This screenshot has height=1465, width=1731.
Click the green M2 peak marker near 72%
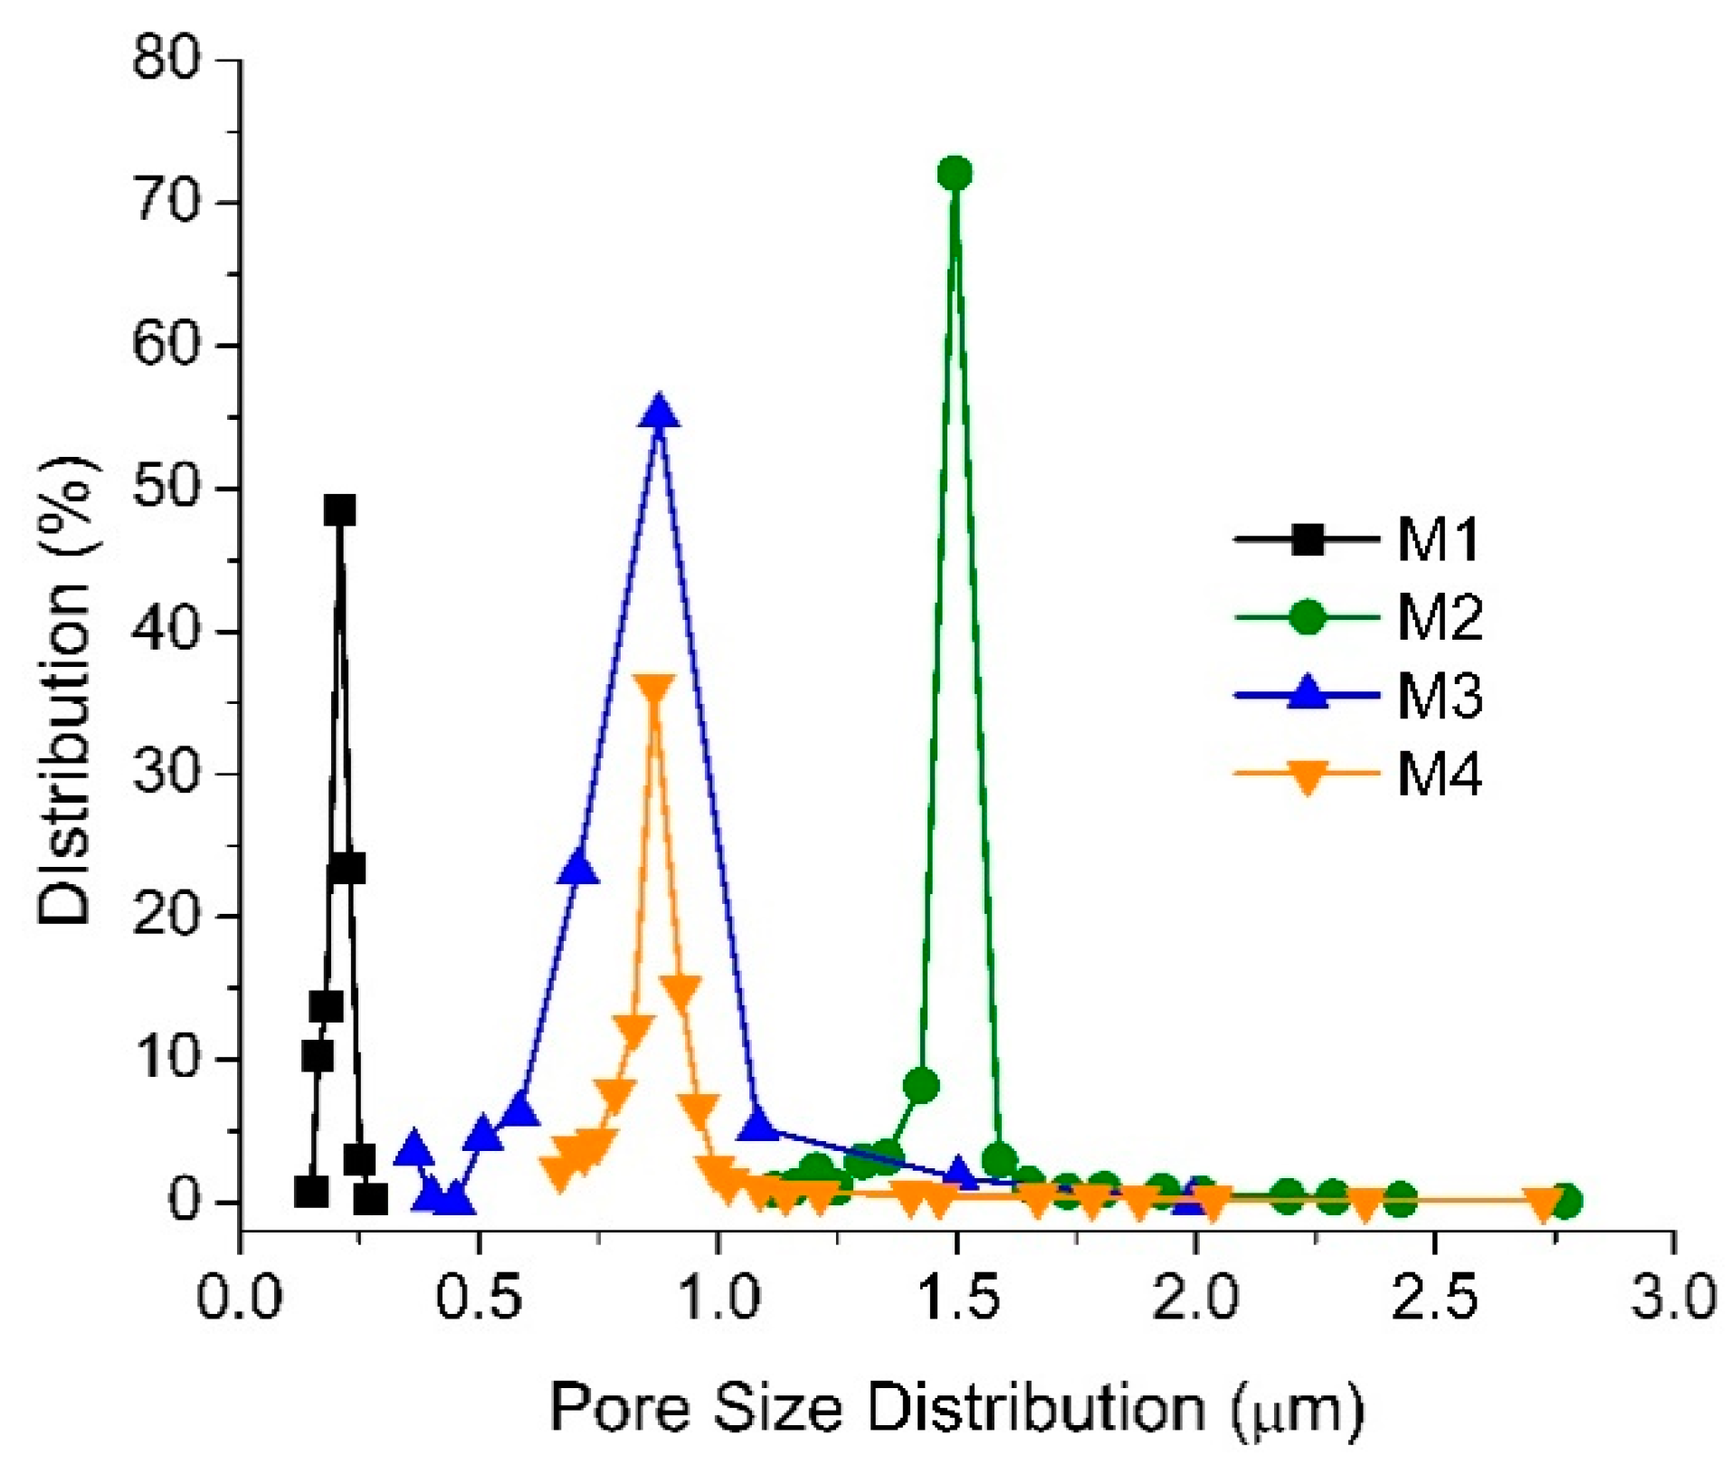pyautogui.click(x=955, y=173)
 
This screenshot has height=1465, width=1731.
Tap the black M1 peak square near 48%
pyautogui.click(x=339, y=510)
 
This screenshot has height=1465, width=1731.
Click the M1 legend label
pyautogui.click(x=1438, y=540)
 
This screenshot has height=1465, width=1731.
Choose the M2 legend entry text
pyautogui.click(x=1439, y=619)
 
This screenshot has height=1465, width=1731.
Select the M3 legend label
pyautogui.click(x=1439, y=696)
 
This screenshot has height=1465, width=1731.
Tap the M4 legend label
pyautogui.click(x=1439, y=775)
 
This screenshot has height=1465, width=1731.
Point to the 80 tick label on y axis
pyautogui.click(x=165, y=60)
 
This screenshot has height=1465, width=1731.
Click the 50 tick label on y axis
pyautogui.click(x=165, y=489)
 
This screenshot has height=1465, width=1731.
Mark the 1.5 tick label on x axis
pyautogui.click(x=956, y=1297)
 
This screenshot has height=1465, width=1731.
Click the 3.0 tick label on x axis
pyautogui.click(x=1673, y=1297)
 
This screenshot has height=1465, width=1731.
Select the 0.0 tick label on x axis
pyautogui.click(x=241, y=1297)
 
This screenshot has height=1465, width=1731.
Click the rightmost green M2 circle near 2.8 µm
pyautogui.click(x=1566, y=1201)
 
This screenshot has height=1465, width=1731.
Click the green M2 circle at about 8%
pyautogui.click(x=921, y=1085)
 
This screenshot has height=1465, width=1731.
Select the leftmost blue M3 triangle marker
pyautogui.click(x=414, y=1148)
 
